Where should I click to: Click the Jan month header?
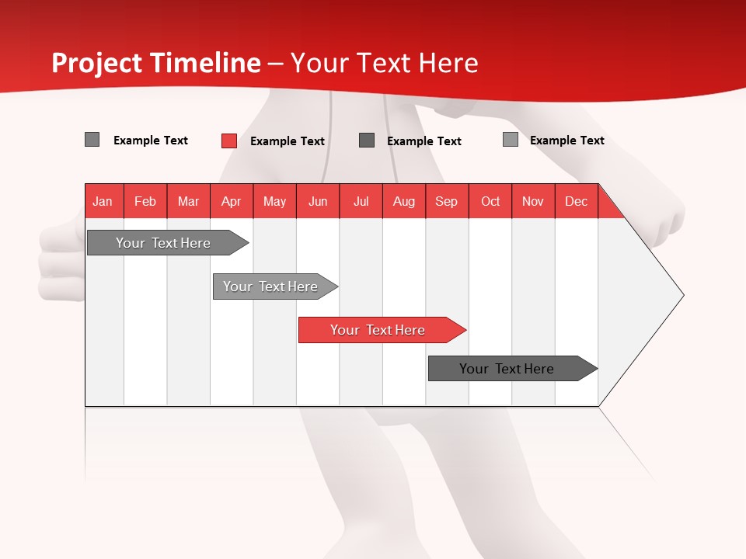point(103,201)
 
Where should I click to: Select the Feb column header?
point(145,201)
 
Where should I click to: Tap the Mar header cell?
point(188,201)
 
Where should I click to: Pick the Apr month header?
point(232,201)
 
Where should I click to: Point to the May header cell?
point(274,201)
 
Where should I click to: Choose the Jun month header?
point(318,201)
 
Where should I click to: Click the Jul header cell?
point(361,201)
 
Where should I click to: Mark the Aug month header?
point(404,201)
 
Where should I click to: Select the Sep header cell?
point(447,201)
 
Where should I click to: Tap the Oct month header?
point(490,201)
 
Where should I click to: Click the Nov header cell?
point(533,201)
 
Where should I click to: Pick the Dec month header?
point(577,201)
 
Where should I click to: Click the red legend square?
point(229,141)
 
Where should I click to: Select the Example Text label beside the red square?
point(288,141)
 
